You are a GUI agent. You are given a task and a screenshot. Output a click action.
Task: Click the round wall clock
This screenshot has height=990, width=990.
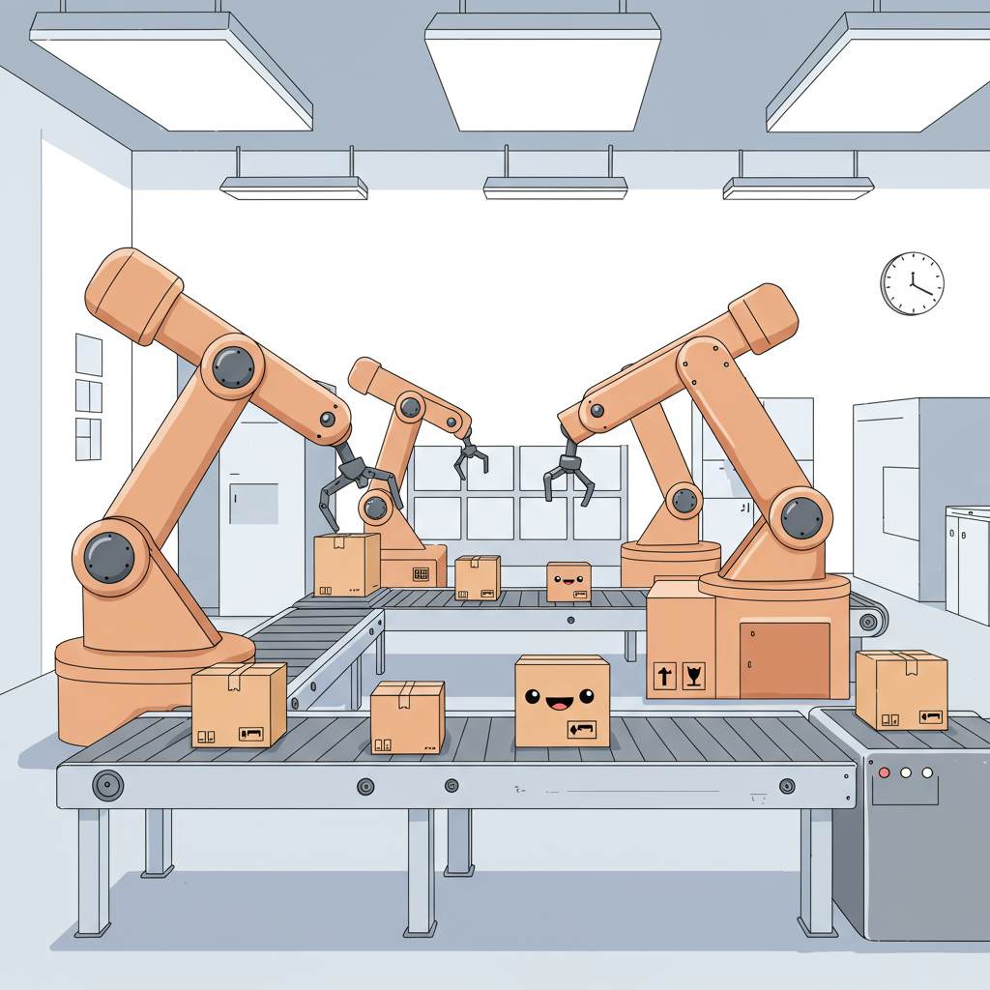point(912,282)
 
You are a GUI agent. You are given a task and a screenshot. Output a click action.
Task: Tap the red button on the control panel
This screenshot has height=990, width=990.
point(884,772)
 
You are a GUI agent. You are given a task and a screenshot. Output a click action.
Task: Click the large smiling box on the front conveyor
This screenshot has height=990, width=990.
point(562,701)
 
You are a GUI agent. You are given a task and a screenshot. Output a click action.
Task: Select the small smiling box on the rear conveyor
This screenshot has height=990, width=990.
point(568,582)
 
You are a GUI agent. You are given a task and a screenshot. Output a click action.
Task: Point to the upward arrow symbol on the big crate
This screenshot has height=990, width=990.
point(664,676)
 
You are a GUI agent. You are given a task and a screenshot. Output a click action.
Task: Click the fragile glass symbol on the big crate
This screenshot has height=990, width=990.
point(693,676)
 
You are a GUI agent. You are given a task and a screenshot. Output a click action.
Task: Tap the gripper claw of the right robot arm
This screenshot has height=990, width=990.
point(569,473)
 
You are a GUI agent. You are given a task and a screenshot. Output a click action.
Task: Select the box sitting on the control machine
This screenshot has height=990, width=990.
point(901,688)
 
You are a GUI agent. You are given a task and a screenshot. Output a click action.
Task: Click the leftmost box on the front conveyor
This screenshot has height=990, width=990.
point(239,704)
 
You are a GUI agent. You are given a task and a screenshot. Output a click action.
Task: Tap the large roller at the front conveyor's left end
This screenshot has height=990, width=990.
point(107,785)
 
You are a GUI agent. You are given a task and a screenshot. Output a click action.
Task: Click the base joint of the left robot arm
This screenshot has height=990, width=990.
point(109,556)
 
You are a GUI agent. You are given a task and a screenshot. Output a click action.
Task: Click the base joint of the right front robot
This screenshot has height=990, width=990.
point(801,517)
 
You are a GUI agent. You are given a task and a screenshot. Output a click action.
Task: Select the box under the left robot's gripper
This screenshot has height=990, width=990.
point(346,564)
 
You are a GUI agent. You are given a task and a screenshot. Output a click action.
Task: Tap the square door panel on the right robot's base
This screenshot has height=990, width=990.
point(784,659)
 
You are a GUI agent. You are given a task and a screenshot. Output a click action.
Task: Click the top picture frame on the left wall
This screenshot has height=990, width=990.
point(89,355)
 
